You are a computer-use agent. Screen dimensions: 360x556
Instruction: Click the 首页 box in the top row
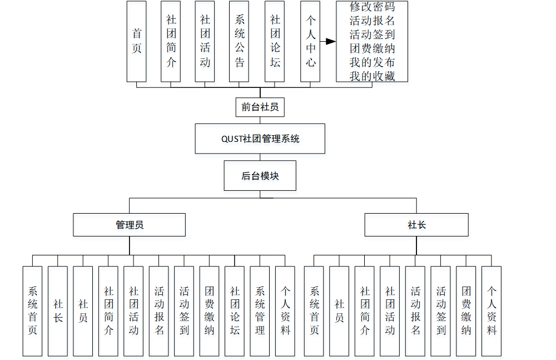click(x=136, y=41)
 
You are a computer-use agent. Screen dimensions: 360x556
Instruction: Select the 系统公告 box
click(x=239, y=41)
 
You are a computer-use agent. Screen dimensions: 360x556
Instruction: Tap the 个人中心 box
click(x=311, y=41)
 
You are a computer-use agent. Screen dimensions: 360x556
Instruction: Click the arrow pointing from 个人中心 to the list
click(x=329, y=41)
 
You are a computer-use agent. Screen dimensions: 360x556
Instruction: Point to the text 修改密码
click(x=372, y=7)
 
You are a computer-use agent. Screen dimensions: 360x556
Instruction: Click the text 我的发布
click(x=372, y=62)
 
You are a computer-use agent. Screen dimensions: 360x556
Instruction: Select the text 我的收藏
click(x=372, y=76)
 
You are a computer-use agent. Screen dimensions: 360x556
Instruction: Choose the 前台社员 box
click(x=260, y=107)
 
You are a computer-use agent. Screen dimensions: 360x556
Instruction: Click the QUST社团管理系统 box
click(x=260, y=139)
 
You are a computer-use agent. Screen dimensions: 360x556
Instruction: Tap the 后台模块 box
click(x=260, y=176)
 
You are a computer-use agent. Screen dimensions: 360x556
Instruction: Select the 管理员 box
click(x=129, y=225)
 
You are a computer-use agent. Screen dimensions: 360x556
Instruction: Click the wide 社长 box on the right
click(x=416, y=225)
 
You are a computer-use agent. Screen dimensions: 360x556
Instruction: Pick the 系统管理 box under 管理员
click(x=260, y=310)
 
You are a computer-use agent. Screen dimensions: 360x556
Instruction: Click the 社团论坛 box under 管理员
click(x=235, y=310)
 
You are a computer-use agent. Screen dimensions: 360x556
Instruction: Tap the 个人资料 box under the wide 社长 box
click(x=491, y=310)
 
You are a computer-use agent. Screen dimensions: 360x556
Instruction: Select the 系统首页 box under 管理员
click(x=32, y=310)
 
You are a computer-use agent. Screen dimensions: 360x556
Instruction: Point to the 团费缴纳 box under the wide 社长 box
click(x=466, y=310)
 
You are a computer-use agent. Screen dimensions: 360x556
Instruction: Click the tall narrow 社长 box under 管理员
click(x=58, y=310)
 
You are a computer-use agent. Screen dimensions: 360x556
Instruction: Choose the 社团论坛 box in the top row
click(x=275, y=41)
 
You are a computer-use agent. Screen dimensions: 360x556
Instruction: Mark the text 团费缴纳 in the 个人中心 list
click(x=372, y=48)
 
